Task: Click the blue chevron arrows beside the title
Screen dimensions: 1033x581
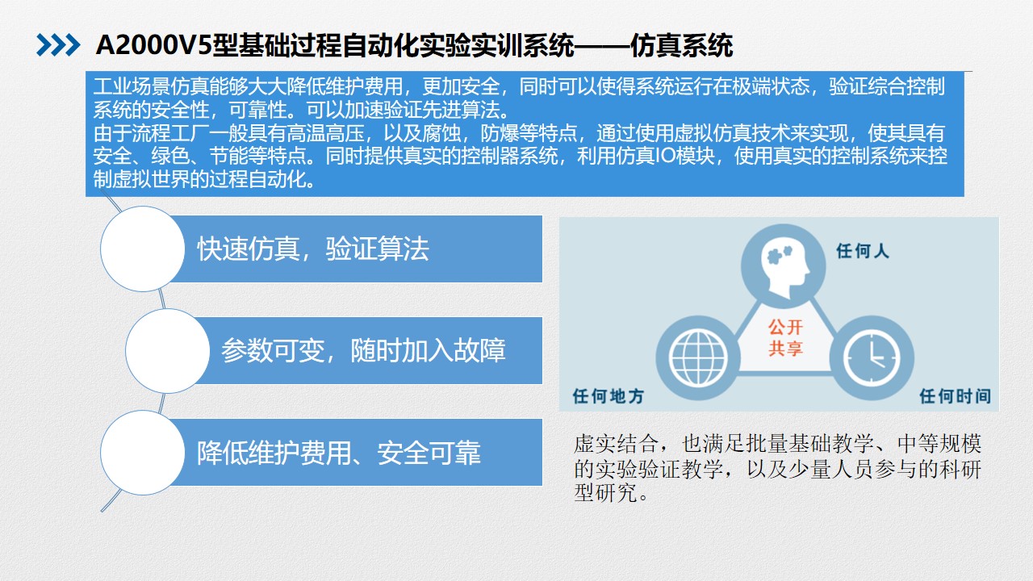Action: [58, 45]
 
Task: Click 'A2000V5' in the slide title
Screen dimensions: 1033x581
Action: [153, 46]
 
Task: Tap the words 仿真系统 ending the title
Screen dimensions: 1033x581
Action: [681, 46]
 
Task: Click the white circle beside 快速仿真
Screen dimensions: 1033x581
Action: [143, 249]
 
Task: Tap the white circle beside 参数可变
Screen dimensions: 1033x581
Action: [167, 351]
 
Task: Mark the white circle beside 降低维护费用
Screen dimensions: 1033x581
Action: [143, 453]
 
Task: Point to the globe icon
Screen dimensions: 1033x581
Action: [698, 358]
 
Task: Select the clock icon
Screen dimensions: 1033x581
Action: [872, 357]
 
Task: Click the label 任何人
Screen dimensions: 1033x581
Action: [863, 251]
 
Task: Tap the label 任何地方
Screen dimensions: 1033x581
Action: [609, 396]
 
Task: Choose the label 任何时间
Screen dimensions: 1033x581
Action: [955, 396]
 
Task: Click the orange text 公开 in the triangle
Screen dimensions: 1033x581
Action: [785, 327]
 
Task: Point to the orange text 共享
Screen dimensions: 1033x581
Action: [785, 348]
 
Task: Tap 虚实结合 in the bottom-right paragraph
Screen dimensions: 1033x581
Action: [616, 444]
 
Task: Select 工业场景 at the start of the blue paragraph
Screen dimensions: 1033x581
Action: [132, 86]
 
